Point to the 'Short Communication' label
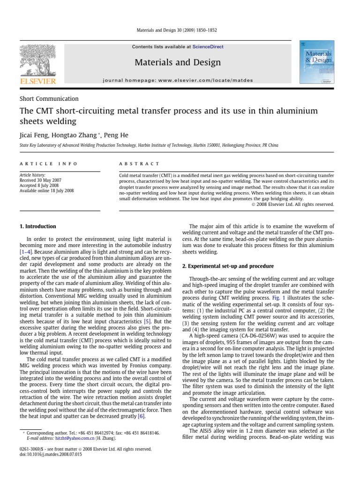(x=49, y=99)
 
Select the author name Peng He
(x=117, y=135)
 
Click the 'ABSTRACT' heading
(x=140, y=164)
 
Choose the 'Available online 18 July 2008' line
(x=46, y=191)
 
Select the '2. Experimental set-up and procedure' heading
(x=228, y=266)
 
